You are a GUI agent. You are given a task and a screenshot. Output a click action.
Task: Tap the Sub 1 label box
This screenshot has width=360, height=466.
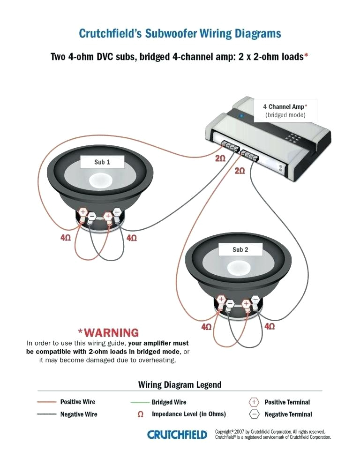tap(102, 162)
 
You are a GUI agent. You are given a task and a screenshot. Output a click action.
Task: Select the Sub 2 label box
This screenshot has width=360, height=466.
tap(240, 249)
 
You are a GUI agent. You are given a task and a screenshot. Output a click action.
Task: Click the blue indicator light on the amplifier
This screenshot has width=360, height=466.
tap(241, 115)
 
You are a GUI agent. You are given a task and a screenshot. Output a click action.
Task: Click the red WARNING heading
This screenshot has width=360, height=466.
tap(108, 333)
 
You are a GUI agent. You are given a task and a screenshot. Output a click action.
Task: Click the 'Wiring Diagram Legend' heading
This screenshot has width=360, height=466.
tap(180, 385)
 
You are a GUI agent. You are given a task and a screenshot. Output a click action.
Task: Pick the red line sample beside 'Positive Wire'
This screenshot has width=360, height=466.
tap(47, 402)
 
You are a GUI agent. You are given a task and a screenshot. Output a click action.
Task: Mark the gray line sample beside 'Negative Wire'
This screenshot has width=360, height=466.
tap(47, 414)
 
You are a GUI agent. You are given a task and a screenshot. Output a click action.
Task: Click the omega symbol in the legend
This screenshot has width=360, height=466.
tap(140, 415)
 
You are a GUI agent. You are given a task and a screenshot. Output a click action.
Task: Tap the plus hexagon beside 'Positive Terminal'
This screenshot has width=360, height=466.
tap(254, 402)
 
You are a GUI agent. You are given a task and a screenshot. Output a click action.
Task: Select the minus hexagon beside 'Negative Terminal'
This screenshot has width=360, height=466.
tap(254, 414)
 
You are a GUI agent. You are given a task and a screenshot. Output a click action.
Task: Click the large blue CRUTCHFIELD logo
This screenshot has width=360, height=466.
tap(177, 435)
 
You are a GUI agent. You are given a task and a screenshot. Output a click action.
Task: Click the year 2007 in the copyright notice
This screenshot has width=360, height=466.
tap(240, 431)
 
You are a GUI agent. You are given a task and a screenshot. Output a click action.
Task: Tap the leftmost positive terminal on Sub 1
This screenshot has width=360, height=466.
tap(82, 213)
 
